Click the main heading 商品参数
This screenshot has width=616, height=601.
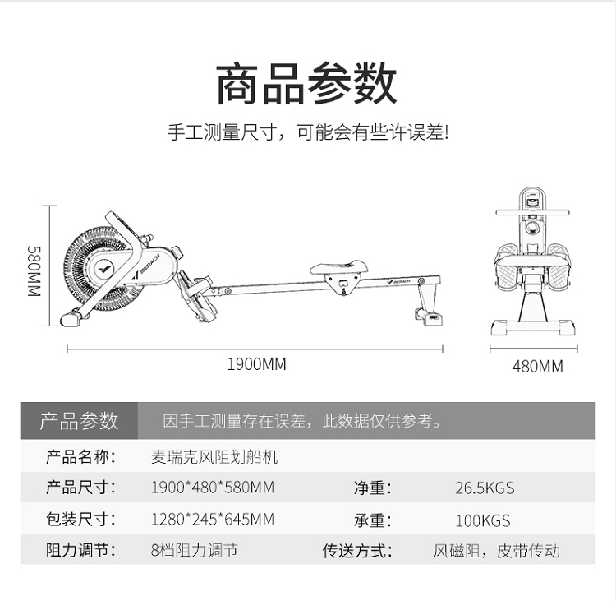tap(306, 83)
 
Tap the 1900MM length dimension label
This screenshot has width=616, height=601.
tap(256, 363)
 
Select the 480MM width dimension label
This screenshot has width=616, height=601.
tap(537, 367)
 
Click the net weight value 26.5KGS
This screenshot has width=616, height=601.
tap(485, 488)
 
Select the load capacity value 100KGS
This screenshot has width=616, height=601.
tap(482, 520)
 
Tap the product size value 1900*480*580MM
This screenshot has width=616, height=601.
tap(213, 488)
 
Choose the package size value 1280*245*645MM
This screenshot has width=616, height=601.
tap(213, 520)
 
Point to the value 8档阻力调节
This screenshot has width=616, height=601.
tap(195, 550)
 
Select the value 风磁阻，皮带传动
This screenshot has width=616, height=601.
tap(497, 551)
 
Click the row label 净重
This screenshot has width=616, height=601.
tap(372, 488)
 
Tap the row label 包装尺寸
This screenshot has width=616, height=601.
tap(80, 520)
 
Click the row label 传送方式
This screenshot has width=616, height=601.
tap(356, 551)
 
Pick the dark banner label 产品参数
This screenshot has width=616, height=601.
tap(80, 422)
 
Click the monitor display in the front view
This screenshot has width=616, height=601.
tap(534, 199)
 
